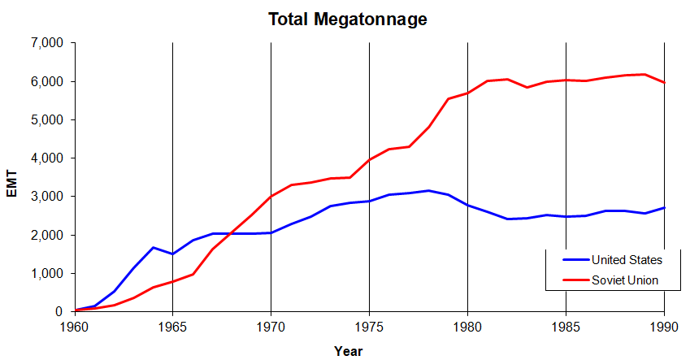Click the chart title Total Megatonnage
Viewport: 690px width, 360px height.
click(348, 17)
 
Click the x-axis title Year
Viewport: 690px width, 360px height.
click(349, 351)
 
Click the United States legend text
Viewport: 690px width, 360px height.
click(627, 260)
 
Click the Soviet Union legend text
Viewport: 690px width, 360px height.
click(624, 280)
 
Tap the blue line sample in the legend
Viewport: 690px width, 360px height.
click(574, 260)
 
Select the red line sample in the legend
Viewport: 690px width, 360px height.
click(574, 280)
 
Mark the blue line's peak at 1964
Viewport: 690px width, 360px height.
click(153, 247)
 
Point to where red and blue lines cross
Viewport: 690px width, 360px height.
click(232, 233)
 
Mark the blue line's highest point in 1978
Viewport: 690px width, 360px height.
click(428, 190)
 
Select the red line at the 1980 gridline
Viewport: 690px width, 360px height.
click(467, 93)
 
